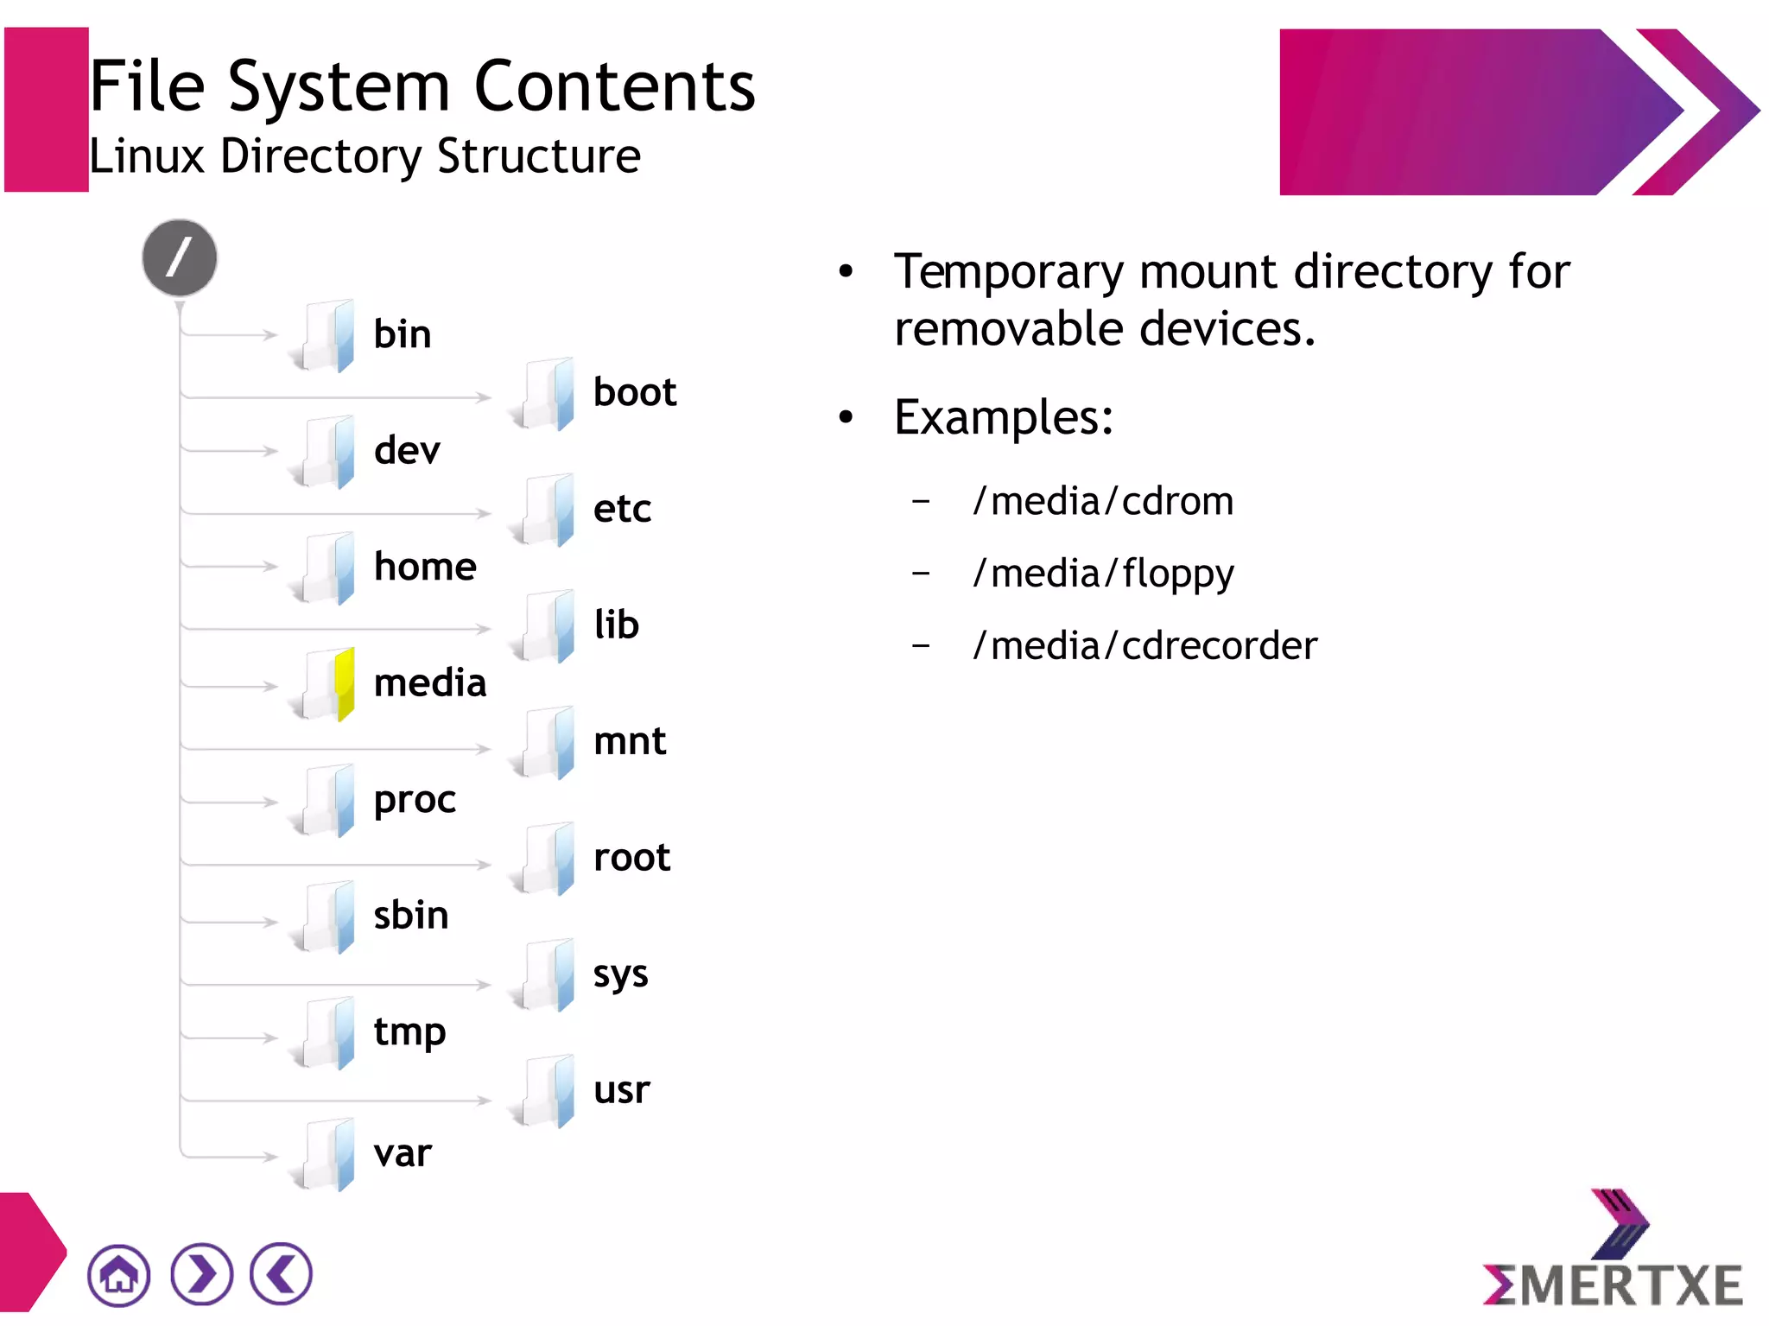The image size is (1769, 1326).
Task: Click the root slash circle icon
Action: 180,257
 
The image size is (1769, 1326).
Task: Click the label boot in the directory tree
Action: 634,393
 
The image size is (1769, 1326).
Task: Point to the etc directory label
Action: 622,509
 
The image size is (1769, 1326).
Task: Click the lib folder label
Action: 616,625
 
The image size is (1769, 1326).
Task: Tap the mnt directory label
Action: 630,741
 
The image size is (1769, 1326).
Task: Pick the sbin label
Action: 411,916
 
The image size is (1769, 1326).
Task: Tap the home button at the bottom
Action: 118,1274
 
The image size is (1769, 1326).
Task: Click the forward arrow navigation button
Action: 201,1274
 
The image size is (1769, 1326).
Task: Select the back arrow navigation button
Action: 281,1274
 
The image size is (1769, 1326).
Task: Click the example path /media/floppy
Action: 1103,574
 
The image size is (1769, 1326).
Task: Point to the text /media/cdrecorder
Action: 1144,646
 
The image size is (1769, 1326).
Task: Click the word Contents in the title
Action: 614,87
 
